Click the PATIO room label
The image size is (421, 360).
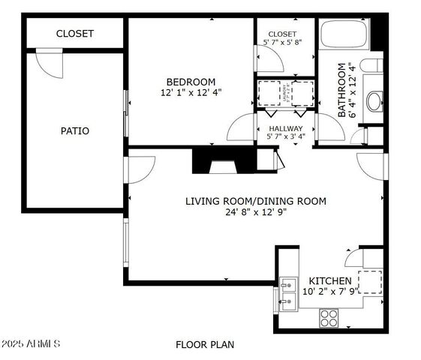[x=75, y=130]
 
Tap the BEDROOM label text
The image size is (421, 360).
[x=191, y=82]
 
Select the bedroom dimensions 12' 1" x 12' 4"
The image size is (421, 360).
[x=191, y=93]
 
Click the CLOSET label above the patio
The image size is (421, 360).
[x=75, y=34]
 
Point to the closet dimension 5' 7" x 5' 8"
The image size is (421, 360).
[x=283, y=43]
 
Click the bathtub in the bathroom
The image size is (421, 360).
[x=344, y=36]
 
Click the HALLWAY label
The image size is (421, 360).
[x=285, y=128]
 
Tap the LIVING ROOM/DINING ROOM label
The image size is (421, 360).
[x=256, y=200]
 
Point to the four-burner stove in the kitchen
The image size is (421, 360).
[x=329, y=318]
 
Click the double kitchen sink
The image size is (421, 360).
[x=288, y=293]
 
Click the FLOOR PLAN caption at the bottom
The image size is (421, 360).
[x=205, y=345]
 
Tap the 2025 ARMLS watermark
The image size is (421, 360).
[x=31, y=344]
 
